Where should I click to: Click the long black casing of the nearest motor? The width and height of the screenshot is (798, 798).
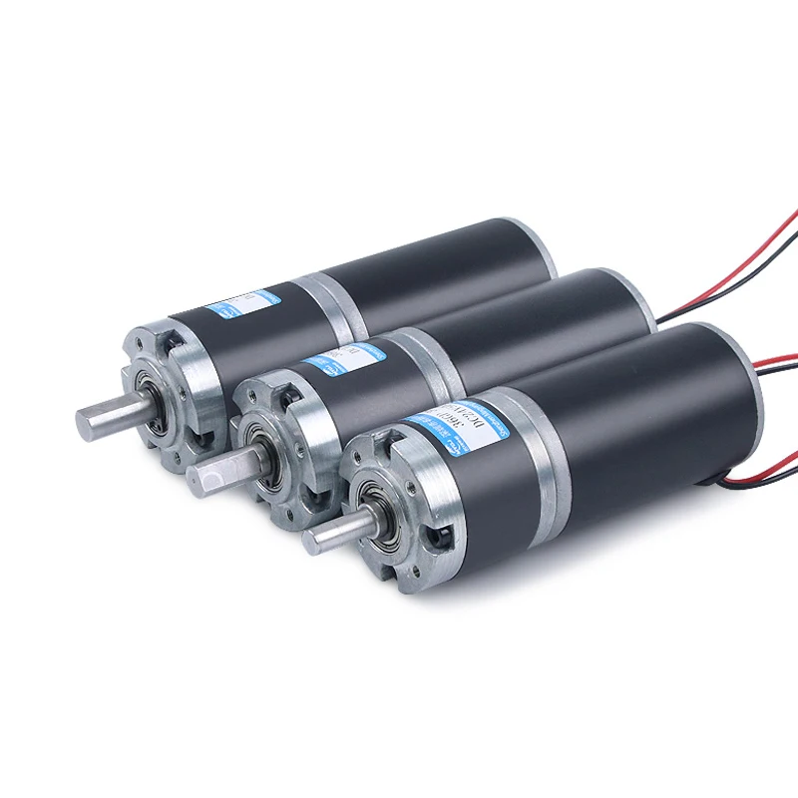click(x=648, y=399)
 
